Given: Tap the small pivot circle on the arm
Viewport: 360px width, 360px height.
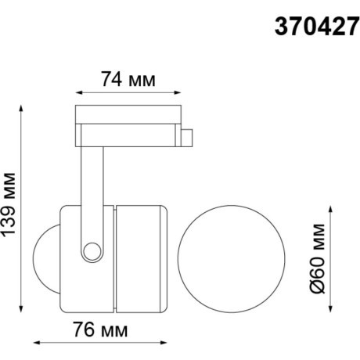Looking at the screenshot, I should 94,250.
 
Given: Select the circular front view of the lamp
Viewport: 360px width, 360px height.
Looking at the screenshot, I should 216,254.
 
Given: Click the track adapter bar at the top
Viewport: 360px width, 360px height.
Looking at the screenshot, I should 129,115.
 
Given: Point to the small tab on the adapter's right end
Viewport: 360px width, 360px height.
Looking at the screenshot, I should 189,138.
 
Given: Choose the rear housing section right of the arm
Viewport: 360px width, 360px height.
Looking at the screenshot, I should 141,254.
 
